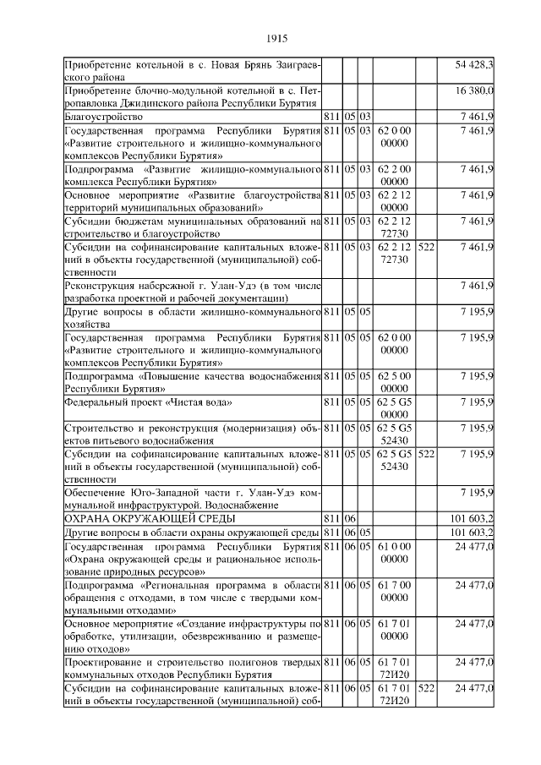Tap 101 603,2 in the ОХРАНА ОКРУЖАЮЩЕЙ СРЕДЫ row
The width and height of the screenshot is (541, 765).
click(473, 517)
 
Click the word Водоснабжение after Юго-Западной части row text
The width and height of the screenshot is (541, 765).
click(238, 504)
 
